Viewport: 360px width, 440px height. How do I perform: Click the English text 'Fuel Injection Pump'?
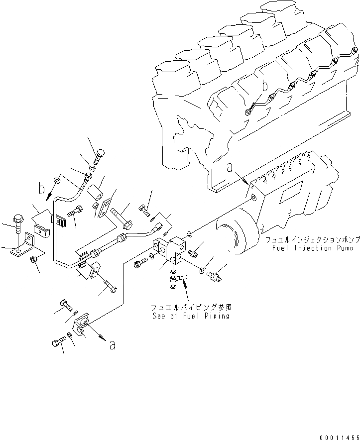[x=312, y=248]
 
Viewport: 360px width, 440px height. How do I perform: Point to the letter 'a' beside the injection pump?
[x=230, y=169]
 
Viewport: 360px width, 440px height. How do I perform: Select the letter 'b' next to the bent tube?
[x=42, y=189]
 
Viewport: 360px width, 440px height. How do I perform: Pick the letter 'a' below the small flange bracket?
[x=113, y=344]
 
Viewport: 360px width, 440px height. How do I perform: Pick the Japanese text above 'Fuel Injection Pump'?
[x=312, y=239]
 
